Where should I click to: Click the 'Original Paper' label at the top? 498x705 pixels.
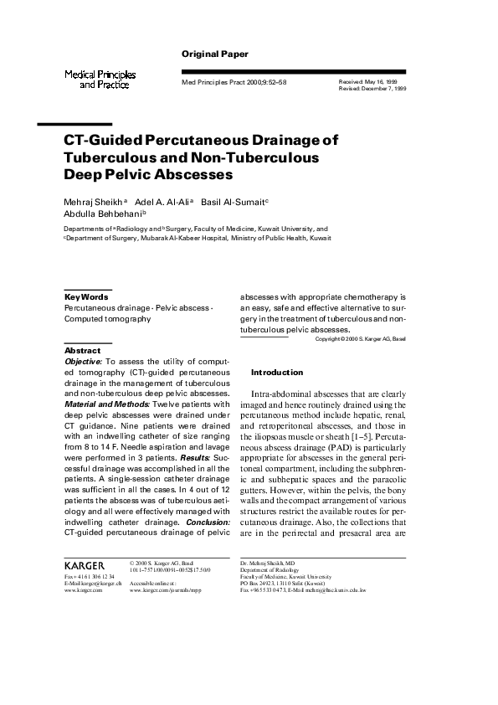tap(215, 54)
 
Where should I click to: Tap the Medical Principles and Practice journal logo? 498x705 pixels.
tap(100, 80)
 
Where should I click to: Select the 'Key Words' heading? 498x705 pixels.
tap(86, 297)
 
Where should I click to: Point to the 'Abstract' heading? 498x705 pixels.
tap(82, 351)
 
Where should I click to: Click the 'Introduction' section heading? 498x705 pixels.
tap(277, 373)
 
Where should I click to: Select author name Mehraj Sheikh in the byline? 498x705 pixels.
tap(93, 203)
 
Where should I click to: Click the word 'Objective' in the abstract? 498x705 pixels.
tap(83, 361)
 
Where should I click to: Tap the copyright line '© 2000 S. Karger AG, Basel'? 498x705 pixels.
tap(360, 339)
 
